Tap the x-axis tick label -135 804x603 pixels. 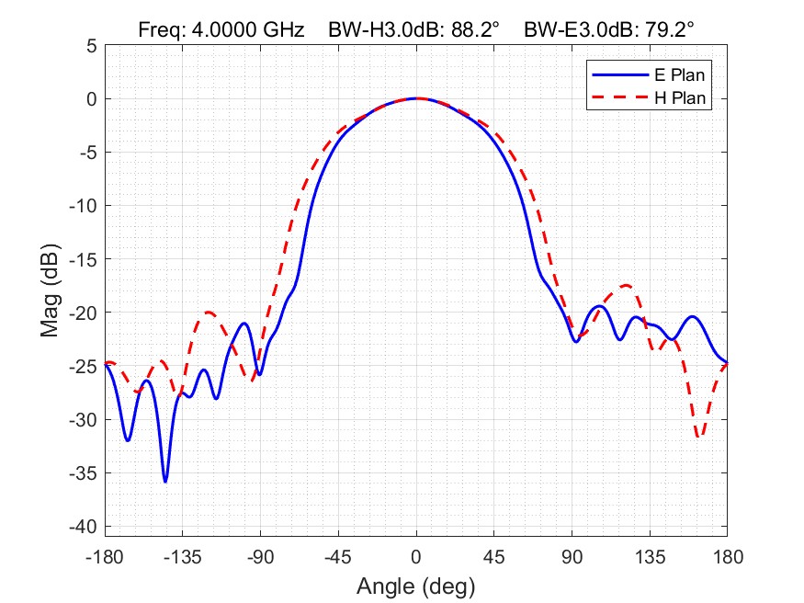(x=183, y=557)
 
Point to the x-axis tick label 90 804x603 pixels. (x=572, y=557)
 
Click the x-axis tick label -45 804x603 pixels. (x=338, y=557)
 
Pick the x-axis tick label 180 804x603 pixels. (x=727, y=557)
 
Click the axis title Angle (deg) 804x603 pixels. (x=415, y=585)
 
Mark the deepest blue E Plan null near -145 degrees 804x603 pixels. (x=165, y=481)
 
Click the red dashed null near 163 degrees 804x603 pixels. (x=699, y=437)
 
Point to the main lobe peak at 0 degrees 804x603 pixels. (x=416, y=98)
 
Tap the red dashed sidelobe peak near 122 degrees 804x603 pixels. (x=627, y=285)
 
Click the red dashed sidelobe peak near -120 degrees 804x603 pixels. (x=209, y=313)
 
